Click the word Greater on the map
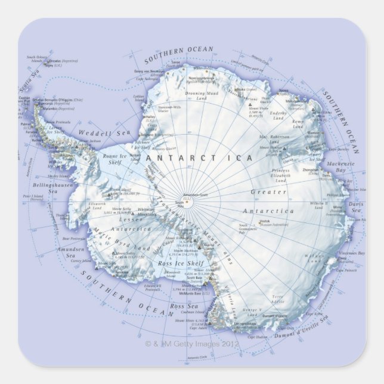coord(268,192)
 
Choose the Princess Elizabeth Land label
coord(280,175)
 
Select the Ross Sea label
coord(180,306)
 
